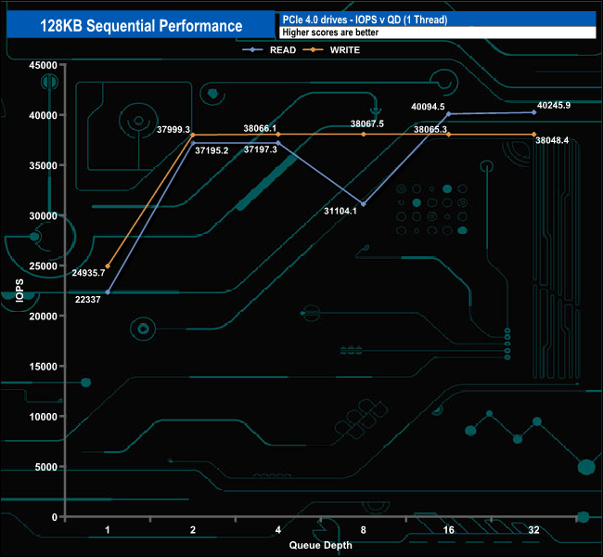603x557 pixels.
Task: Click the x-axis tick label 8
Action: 364,530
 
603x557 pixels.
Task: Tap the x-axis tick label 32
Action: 533,530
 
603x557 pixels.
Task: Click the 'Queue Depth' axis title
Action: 320,545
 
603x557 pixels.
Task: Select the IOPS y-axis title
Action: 20,291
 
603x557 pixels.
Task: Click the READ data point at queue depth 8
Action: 364,204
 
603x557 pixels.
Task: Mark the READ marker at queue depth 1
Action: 108,292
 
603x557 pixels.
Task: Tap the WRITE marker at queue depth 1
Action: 108,266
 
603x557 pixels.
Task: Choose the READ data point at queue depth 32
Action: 533,112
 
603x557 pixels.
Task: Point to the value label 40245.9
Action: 554,105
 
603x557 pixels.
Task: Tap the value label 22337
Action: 90,300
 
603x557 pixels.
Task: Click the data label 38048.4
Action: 552,140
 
